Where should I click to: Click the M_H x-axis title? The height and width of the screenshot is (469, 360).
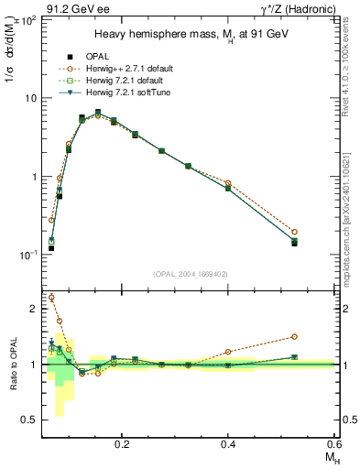click(x=327, y=457)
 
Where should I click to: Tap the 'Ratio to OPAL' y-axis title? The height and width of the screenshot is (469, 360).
click(x=12, y=365)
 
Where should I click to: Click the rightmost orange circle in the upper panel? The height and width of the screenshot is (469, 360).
click(x=320, y=232)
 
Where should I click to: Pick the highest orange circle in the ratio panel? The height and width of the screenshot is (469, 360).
click(x=51, y=297)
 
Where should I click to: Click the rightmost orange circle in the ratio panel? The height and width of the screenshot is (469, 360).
click(x=320, y=337)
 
